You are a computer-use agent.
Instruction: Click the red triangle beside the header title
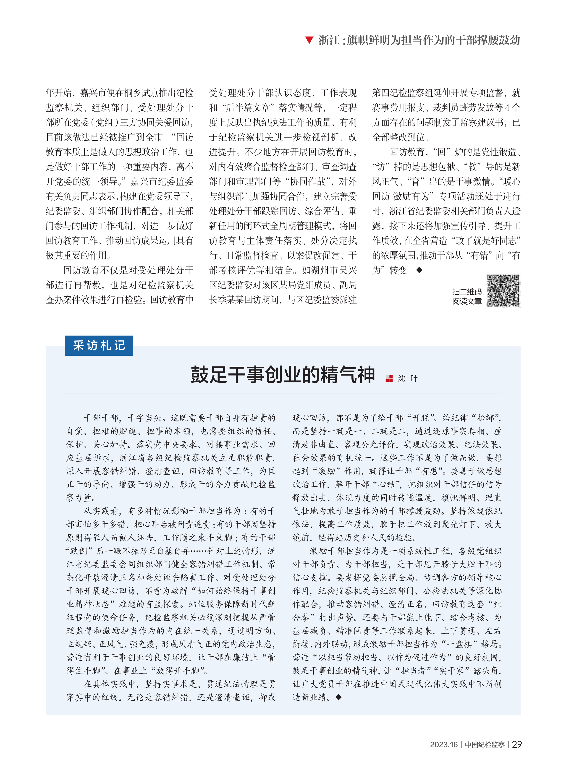click(x=309, y=40)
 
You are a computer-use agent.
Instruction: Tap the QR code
click(x=503, y=291)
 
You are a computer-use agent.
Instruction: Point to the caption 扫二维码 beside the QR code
click(x=467, y=292)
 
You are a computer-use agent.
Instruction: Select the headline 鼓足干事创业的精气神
click(x=283, y=374)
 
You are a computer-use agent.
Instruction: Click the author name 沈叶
click(x=407, y=378)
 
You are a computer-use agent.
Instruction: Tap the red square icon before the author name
click(x=389, y=378)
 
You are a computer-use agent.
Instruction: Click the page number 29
click(x=517, y=744)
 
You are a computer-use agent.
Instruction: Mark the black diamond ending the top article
click(x=419, y=270)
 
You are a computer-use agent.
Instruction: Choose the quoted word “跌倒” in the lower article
click(x=80, y=551)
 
